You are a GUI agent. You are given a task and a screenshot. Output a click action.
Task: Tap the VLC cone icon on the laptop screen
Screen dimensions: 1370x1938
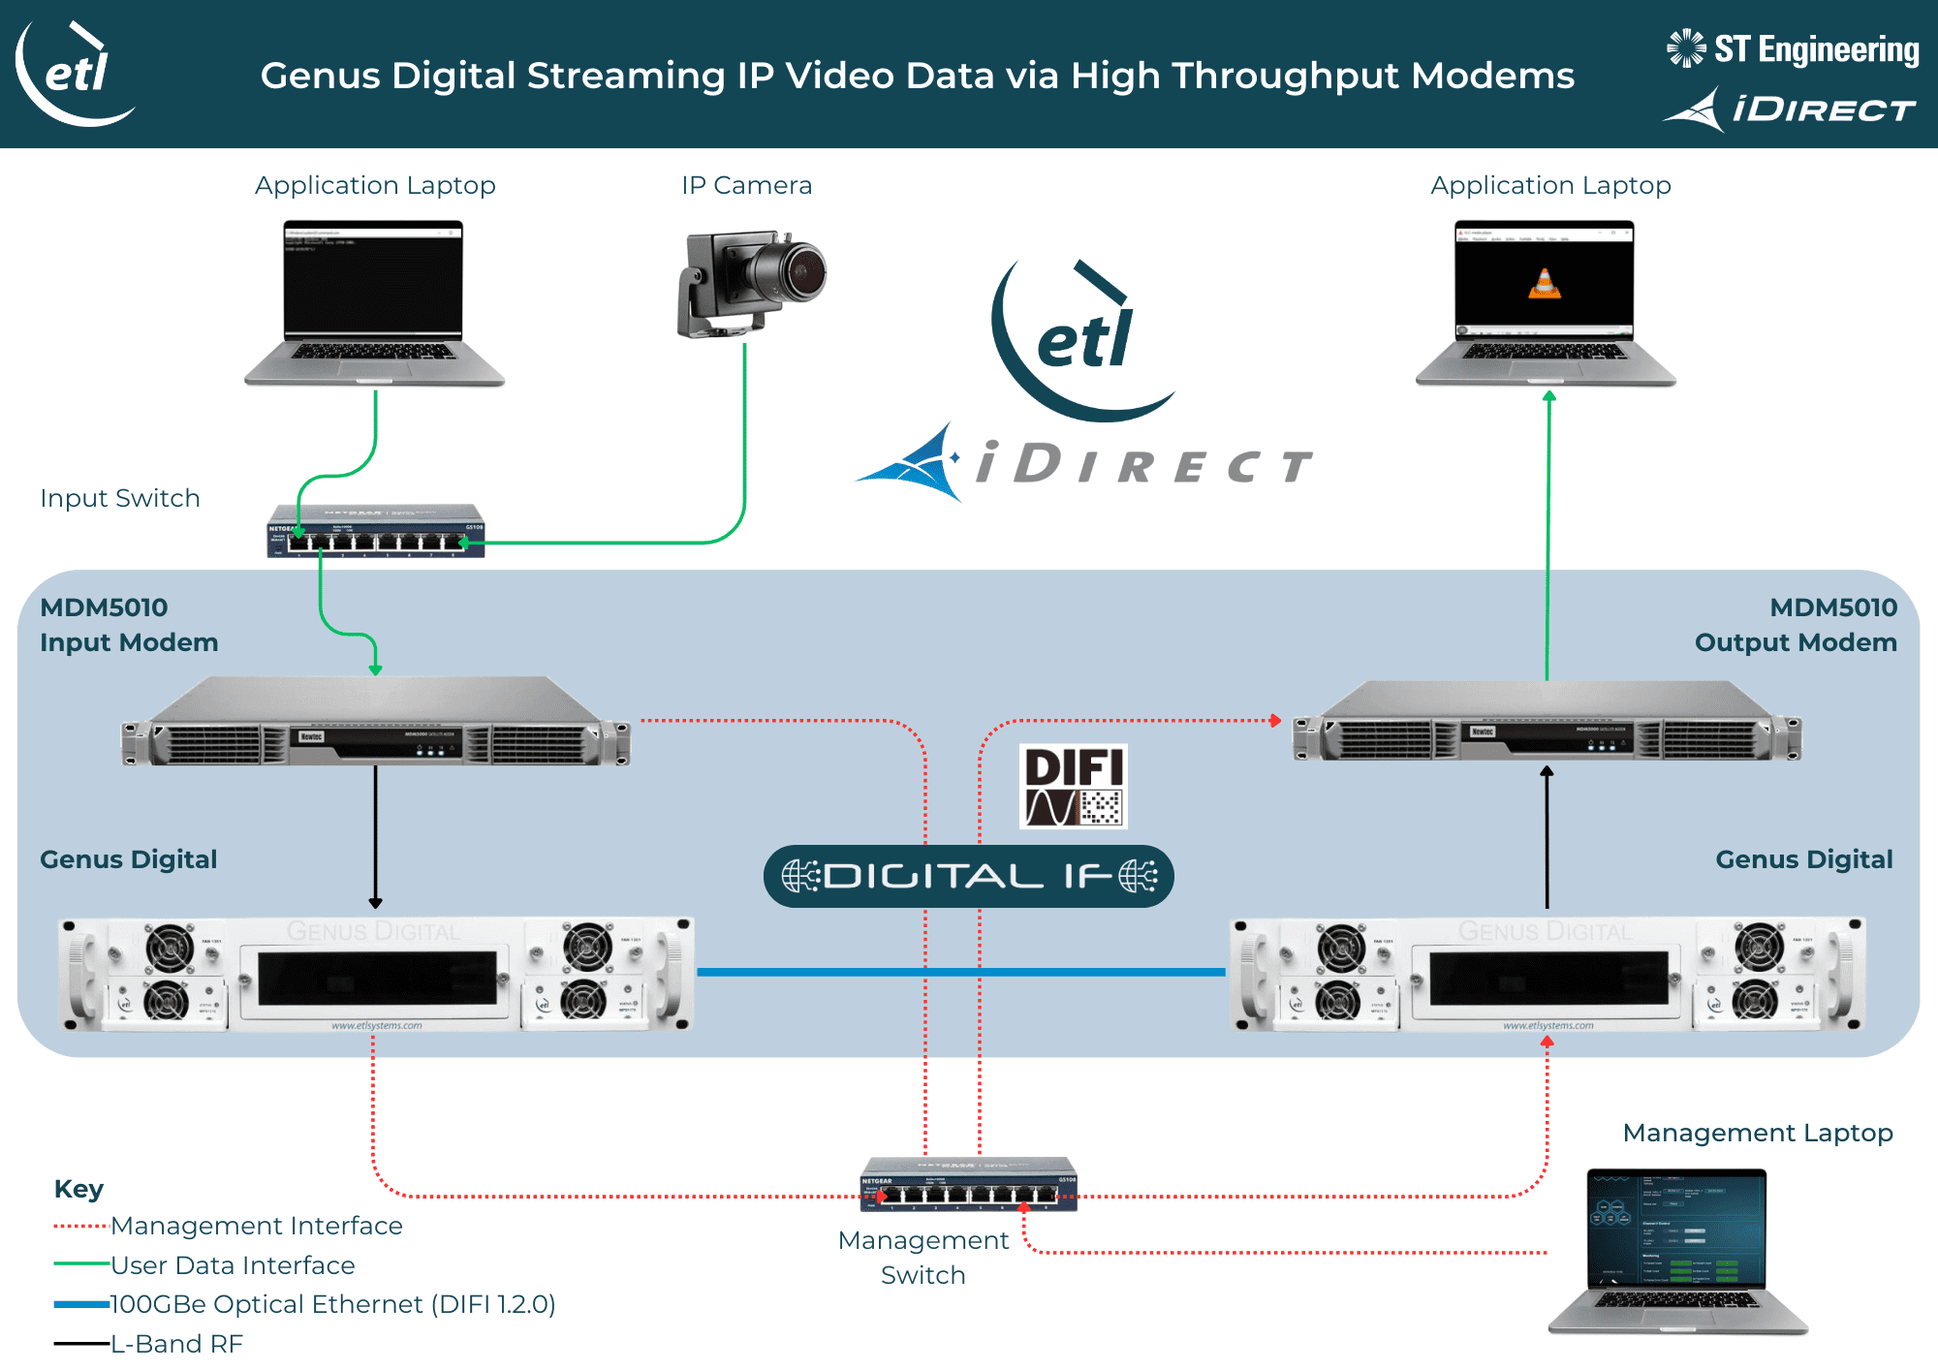pos(1545,283)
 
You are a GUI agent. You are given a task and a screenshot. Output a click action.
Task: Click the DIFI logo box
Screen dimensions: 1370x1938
pos(1074,786)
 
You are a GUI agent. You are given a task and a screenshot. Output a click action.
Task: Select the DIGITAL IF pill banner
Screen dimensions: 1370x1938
pos(968,876)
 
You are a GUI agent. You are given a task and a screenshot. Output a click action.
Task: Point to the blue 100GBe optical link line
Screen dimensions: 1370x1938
pos(959,971)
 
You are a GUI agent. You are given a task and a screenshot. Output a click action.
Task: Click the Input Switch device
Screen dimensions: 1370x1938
pos(376,530)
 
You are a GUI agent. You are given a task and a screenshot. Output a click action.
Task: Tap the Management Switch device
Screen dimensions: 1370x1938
pos(968,1184)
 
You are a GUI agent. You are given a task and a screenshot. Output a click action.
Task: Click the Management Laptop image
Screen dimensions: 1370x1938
pos(1677,1251)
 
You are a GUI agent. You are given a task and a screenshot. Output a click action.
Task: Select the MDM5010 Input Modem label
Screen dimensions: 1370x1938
pos(129,625)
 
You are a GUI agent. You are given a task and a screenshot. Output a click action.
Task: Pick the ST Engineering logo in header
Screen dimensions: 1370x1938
pos(1793,48)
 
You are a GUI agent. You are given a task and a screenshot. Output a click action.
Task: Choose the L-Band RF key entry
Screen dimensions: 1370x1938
pos(175,1344)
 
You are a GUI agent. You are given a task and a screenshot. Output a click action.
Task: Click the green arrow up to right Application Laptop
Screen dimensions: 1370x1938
pos(1547,533)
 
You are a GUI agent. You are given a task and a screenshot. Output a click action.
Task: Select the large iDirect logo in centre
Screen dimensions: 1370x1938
pos(1085,464)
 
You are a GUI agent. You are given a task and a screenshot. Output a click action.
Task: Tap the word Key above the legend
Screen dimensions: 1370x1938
pos(78,1189)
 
